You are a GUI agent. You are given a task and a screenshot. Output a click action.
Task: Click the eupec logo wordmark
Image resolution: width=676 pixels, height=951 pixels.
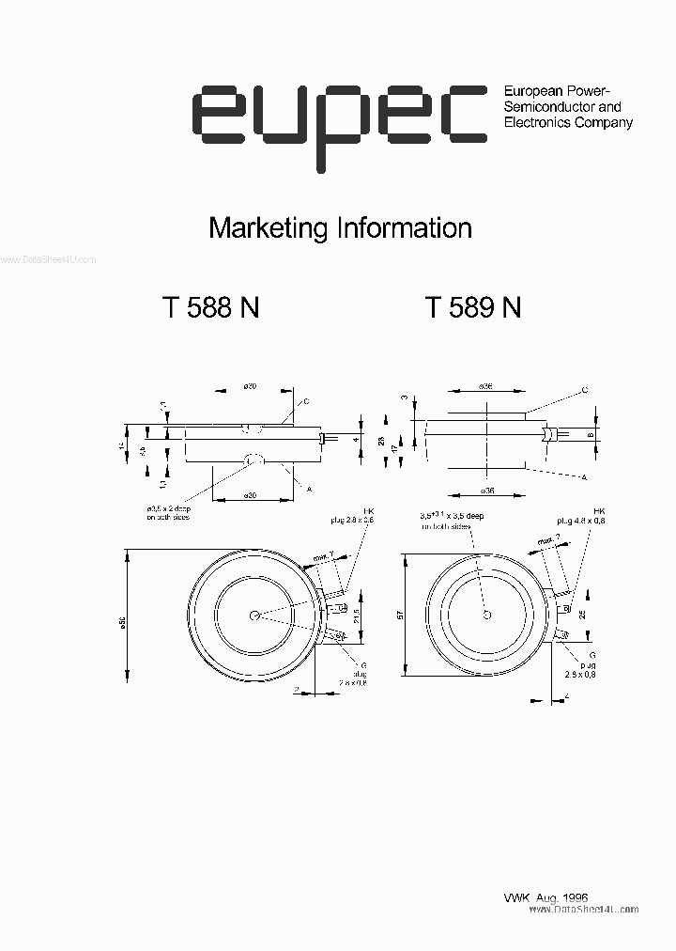click(338, 117)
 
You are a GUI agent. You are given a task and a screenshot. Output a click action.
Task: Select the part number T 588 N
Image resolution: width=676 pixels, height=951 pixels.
click(211, 308)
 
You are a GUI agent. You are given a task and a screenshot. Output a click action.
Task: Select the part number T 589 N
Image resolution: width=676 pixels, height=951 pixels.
click(473, 308)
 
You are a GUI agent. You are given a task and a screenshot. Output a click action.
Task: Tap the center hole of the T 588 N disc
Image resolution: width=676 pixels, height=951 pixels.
click(255, 616)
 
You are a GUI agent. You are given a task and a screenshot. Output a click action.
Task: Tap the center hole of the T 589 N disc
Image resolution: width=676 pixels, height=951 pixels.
click(486, 615)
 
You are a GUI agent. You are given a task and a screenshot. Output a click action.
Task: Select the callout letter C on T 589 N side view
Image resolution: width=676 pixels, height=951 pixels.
click(584, 389)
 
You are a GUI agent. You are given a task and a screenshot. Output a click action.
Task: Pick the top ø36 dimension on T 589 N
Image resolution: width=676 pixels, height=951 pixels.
click(485, 386)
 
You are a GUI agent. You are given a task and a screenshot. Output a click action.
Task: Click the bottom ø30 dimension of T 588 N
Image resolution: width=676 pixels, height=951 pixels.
click(251, 494)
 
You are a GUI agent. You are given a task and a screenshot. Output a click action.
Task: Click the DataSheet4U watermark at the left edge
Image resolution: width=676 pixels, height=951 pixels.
click(47, 260)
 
